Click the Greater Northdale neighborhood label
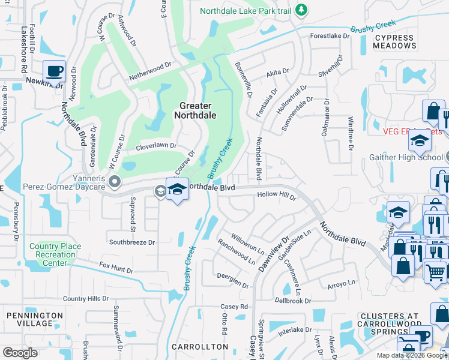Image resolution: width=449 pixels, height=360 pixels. pos(196,110)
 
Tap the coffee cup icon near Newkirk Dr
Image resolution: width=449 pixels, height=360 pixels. pos(54,71)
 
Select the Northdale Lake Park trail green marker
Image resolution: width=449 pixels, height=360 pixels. pos(302,10)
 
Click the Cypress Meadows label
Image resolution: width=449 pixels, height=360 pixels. pos(394,42)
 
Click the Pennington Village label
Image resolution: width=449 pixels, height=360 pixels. pos(34,319)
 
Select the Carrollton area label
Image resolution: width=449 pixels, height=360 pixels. pos(200,347)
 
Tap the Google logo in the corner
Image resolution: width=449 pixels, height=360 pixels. pos(20,353)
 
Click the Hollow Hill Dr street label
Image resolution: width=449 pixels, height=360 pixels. pos(277,195)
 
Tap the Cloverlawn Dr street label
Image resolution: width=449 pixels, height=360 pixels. pos(156,145)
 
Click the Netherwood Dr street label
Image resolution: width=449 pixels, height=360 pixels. pos(151,78)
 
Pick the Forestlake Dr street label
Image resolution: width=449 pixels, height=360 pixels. pos(330,36)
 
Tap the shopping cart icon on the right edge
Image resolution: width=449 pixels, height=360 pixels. pos(436,271)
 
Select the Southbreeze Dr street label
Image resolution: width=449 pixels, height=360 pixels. pos(132,242)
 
